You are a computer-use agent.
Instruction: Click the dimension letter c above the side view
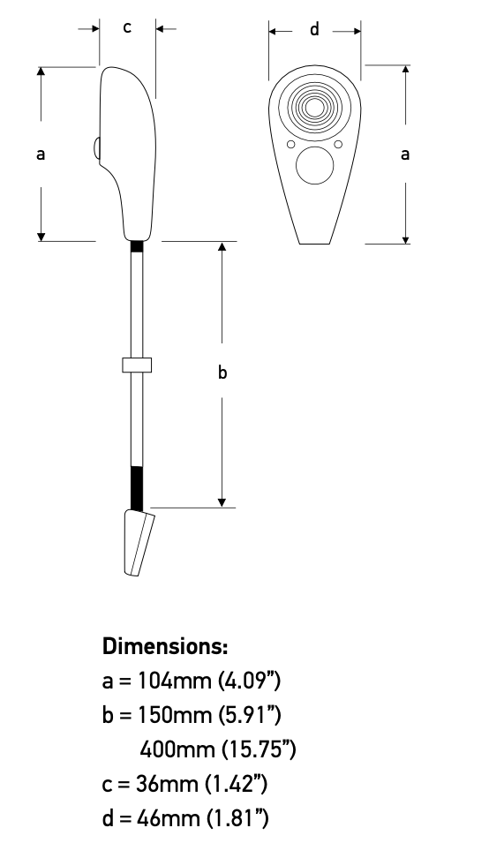(x=127, y=27)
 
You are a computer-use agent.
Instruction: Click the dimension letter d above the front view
(x=314, y=30)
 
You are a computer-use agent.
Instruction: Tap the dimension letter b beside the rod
(x=222, y=373)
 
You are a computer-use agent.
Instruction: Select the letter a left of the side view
(x=41, y=154)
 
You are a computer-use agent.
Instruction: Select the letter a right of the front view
(x=405, y=154)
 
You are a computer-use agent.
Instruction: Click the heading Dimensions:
(x=165, y=646)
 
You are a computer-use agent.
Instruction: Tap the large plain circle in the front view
(x=314, y=165)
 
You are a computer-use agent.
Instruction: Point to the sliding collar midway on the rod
(x=137, y=365)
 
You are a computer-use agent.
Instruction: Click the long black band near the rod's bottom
(x=137, y=488)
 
